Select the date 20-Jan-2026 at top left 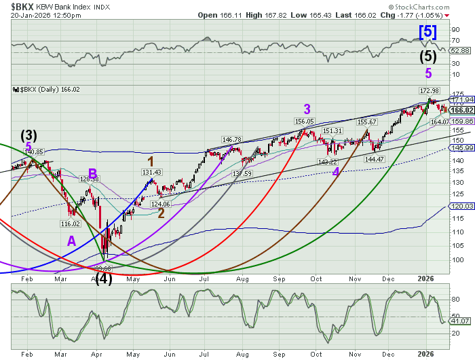click(x=25, y=16)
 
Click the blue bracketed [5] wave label click(x=427, y=31)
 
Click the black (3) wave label click(x=29, y=134)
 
